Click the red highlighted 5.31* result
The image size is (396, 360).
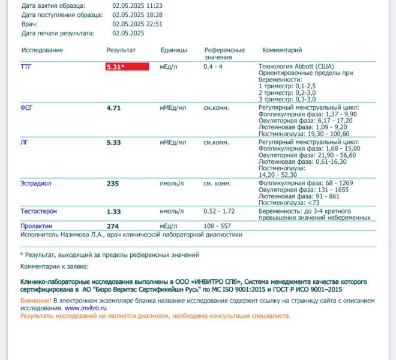pos(127,67)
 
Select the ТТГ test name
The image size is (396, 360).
pos(27,67)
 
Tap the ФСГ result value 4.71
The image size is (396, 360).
pos(114,108)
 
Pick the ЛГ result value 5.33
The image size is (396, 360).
pos(114,143)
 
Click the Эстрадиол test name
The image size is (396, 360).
pos(36,184)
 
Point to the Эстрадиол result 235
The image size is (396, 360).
pos(113,184)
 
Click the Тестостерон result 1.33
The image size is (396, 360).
pos(114,212)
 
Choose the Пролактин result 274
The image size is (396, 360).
pos(113,226)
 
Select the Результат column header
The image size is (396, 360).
pos(121,50)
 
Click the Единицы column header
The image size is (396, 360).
pos(173,50)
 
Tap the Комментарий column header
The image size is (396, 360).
pos(282,50)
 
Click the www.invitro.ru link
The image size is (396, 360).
pos(82,308)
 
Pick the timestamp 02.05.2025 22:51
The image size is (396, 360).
pos(137,24)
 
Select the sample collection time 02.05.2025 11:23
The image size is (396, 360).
pos(137,5)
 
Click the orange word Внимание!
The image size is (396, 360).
pos(35,300)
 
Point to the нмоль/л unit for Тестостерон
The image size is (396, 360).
pos(173,212)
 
